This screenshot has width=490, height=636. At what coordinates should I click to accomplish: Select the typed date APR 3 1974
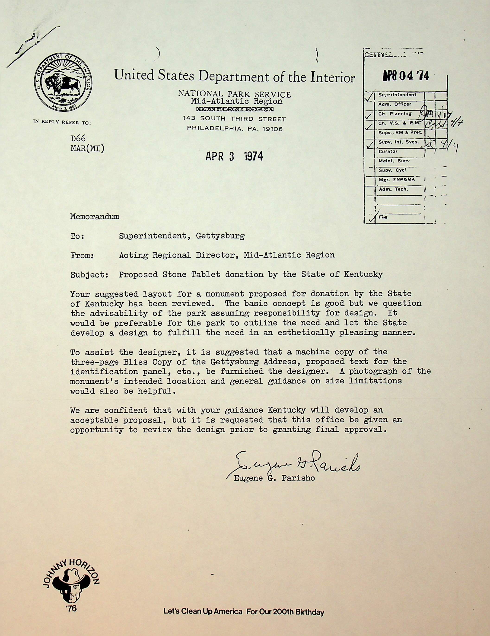[234, 157]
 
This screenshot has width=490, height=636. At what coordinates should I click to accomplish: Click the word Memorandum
[94, 216]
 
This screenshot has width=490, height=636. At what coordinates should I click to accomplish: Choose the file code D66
[78, 138]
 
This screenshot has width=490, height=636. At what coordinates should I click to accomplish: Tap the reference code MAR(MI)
[87, 148]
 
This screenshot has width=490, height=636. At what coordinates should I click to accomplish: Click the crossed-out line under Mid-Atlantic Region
[235, 109]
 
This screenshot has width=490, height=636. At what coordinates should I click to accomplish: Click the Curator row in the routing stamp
[388, 151]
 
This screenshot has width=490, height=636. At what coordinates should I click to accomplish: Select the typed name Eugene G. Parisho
[274, 478]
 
